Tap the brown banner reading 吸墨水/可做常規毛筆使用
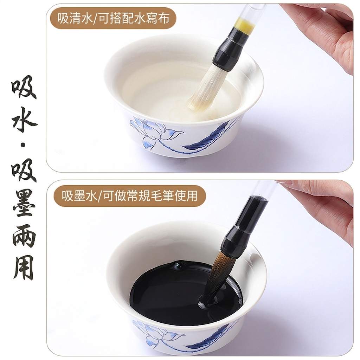coord(129,196)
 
